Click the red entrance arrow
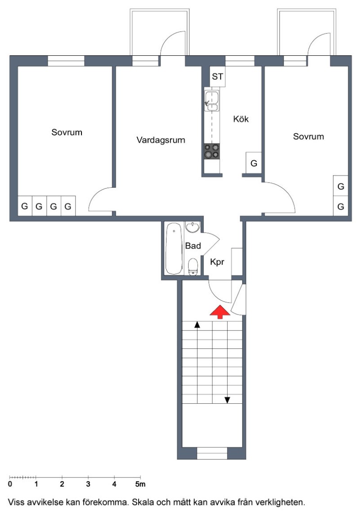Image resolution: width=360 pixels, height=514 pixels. tap(220, 312)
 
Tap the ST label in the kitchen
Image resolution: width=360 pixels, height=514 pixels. tap(217, 77)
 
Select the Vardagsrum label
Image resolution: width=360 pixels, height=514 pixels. tap(161, 140)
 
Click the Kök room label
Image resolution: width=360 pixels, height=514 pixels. tap(241, 119)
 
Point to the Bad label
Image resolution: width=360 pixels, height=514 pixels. tap(193, 246)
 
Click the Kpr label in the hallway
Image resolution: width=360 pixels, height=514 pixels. tap(217, 262)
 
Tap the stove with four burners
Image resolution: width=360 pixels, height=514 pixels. tap(212, 151)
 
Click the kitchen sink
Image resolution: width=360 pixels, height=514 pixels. tap(212, 101)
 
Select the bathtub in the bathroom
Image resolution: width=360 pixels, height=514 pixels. tap(174, 248)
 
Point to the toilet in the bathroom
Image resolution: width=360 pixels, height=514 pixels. tap(193, 266)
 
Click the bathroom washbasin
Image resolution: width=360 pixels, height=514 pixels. tap(193, 227)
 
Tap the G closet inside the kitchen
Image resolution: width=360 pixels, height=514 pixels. tap(254, 163)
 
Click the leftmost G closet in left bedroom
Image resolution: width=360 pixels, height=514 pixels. tap(25, 206)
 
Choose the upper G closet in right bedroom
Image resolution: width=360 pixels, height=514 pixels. tap(341, 186)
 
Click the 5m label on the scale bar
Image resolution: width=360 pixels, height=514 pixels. tap(140, 484)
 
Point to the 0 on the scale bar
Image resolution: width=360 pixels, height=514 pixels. tap(10, 484)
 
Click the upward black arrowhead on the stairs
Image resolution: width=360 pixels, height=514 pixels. tap(197, 325)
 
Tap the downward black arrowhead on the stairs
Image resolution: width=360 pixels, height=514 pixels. tap(227, 400)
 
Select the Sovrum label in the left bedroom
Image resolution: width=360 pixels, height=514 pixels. tap(67, 132)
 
